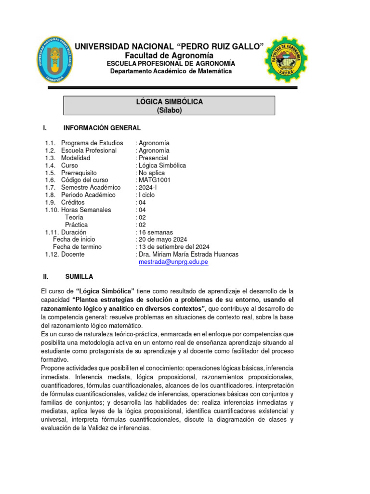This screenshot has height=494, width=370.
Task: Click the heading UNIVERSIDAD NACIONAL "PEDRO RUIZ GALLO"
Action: tap(169, 46)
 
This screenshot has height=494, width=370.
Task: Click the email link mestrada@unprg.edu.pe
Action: tap(173, 262)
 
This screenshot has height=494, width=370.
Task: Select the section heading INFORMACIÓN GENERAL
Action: tap(102, 128)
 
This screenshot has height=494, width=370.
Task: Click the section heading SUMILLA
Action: tap(79, 276)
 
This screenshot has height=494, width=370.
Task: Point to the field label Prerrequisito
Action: tap(79, 173)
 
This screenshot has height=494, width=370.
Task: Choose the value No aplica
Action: tap(151, 173)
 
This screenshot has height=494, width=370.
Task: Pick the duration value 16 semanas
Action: tap(156, 232)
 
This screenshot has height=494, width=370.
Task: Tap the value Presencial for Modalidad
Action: tap(153, 158)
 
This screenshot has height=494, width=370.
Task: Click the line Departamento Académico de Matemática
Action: tap(171, 71)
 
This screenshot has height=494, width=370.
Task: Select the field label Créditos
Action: tap(73, 202)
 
